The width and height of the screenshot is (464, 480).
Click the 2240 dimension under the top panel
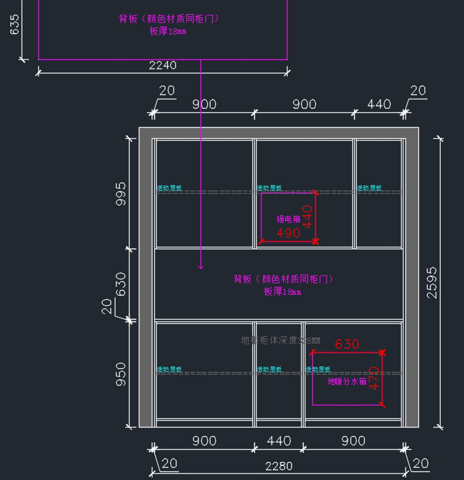[163, 65]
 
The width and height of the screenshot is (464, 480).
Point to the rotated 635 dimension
[14, 24]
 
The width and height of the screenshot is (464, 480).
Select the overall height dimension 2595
[432, 282]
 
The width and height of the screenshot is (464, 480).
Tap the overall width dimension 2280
[279, 466]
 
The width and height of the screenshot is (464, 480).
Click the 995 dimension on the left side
[121, 193]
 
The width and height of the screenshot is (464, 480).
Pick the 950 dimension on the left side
[121, 374]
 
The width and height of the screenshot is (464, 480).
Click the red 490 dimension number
[288, 233]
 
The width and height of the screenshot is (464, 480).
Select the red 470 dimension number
[374, 378]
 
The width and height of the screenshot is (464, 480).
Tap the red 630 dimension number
[347, 344]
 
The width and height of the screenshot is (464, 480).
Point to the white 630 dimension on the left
[121, 284]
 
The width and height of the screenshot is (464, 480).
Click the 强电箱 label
[288, 219]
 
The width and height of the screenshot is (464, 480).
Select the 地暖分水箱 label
[347, 381]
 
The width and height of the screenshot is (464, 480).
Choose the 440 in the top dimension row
[379, 104]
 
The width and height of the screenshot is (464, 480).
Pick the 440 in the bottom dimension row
[279, 441]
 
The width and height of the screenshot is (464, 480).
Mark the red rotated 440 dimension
[307, 217]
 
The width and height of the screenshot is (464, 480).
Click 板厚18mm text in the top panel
[168, 31]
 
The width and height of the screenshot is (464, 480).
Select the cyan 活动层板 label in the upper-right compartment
[369, 188]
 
